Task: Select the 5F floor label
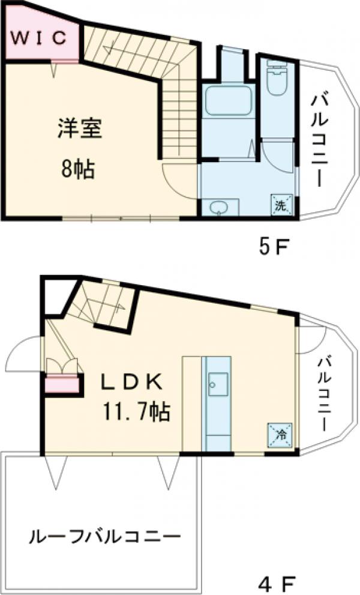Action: pyautogui.click(x=273, y=247)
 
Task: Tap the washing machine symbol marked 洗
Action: pyautogui.click(x=281, y=204)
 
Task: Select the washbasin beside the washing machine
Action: pyautogui.click(x=220, y=207)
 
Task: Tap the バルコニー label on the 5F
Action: pyautogui.click(x=318, y=139)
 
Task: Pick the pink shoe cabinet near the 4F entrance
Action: pyautogui.click(x=62, y=383)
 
